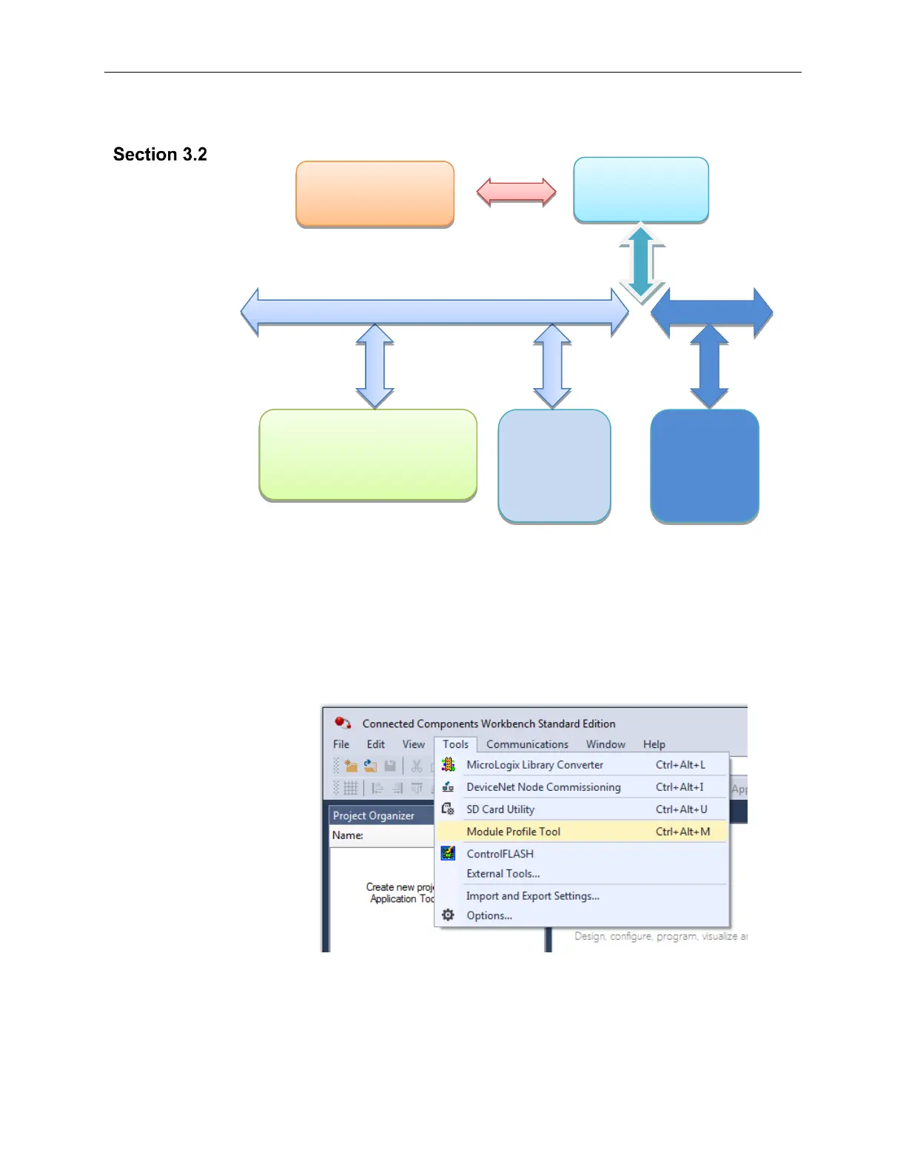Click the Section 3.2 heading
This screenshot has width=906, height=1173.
point(160,154)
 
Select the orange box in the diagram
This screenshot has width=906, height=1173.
point(375,194)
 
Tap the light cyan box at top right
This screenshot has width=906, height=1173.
point(641,190)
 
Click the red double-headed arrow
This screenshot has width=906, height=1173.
point(516,193)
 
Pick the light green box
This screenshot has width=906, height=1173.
point(368,455)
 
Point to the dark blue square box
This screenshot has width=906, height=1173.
point(705,467)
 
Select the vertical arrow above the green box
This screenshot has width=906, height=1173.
point(375,367)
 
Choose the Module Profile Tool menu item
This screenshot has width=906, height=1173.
point(513,832)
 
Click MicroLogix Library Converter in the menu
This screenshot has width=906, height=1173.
point(534,765)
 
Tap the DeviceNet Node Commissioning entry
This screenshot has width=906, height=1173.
point(543,787)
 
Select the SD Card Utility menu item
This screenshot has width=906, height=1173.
point(500,809)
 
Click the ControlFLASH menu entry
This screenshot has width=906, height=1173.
point(500,854)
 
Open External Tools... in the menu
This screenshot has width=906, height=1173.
point(503,874)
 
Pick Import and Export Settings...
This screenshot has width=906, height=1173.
point(532,896)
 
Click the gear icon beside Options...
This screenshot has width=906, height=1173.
point(448,915)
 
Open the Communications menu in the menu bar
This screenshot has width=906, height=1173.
point(527,744)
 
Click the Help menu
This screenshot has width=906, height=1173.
point(654,744)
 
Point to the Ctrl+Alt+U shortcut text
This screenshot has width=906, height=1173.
point(681,809)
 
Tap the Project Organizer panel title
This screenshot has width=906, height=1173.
point(373,815)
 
